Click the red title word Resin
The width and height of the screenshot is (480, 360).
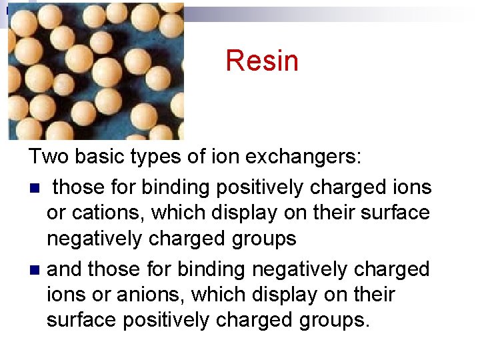point(261,61)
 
